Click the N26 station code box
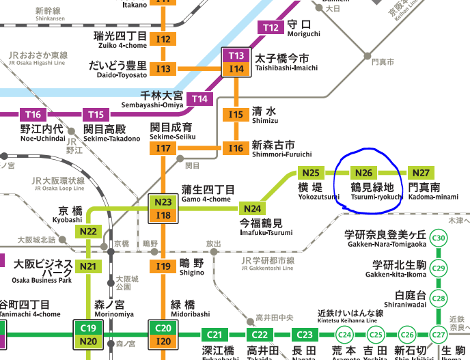(x=364, y=173)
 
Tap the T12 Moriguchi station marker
(x=271, y=28)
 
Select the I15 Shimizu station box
(x=236, y=115)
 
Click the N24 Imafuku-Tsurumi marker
(x=253, y=208)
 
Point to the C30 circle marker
(x=439, y=238)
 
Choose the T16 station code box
(x=33, y=114)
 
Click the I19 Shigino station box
(x=163, y=266)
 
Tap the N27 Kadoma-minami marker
(x=421, y=173)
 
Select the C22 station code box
(x=260, y=335)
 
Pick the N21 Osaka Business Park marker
(x=88, y=266)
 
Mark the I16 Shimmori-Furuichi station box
(x=236, y=148)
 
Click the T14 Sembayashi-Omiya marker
(x=199, y=99)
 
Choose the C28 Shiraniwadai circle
(x=439, y=298)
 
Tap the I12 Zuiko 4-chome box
(x=163, y=40)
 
